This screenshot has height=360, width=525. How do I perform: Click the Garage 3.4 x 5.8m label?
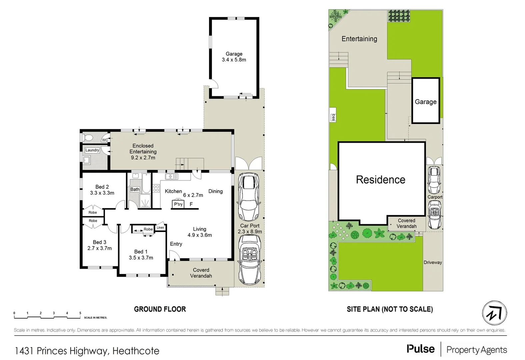pyautogui.click(x=234, y=57)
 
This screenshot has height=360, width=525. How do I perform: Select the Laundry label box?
pyautogui.click(x=92, y=150)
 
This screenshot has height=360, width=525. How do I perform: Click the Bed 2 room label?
pyautogui.click(x=102, y=190)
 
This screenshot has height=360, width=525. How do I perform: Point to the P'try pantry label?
pyautogui.click(x=178, y=204)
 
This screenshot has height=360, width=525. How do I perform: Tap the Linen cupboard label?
pyautogui.click(x=160, y=228)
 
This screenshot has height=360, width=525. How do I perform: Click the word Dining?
pyautogui.click(x=215, y=191)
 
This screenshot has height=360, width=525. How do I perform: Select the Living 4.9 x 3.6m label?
pyautogui.click(x=199, y=232)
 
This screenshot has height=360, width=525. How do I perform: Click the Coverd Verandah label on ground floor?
pyautogui.click(x=201, y=273)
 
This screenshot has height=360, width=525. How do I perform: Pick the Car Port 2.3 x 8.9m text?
pyautogui.click(x=250, y=229)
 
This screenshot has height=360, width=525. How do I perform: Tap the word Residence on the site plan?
pyautogui.click(x=380, y=180)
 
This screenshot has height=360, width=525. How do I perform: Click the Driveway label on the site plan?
pyautogui.click(x=433, y=262)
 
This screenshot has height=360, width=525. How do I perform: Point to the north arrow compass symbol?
pyautogui.click(x=494, y=313)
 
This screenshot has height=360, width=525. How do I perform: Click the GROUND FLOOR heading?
pyautogui.click(x=160, y=309)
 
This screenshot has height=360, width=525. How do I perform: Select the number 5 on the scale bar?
pyautogui.click(x=80, y=313)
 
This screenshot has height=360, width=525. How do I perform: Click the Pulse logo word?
pyautogui.click(x=421, y=349)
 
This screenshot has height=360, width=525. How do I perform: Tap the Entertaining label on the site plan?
pyautogui.click(x=359, y=39)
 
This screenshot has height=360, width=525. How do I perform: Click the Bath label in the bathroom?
pyautogui.click(x=135, y=189)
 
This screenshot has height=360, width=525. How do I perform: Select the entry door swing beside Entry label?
pyautogui.click(x=174, y=255)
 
